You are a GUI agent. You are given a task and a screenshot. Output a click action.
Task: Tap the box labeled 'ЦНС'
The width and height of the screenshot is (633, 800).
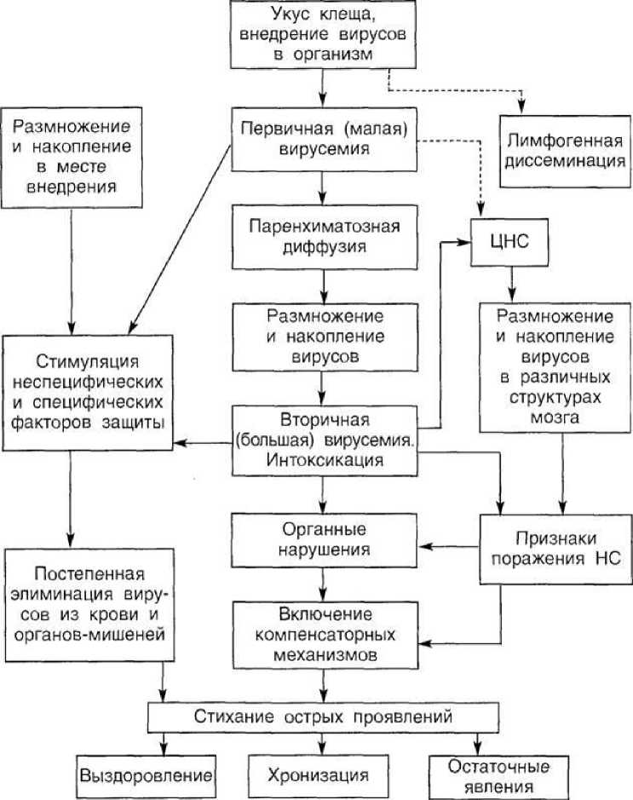[510, 244]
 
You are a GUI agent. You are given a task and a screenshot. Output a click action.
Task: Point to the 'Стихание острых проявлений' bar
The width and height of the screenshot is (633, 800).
[319, 716]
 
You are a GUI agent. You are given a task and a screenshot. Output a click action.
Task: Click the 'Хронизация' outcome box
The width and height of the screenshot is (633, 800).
[319, 775]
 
